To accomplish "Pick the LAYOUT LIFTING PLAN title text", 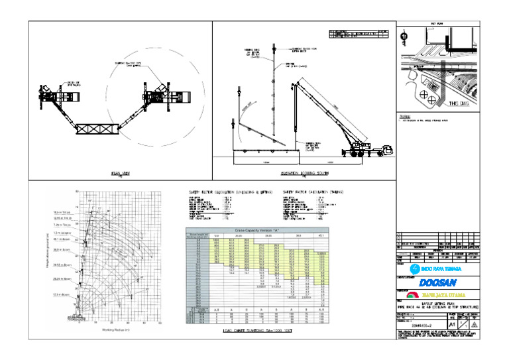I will click(x=439, y=302).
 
